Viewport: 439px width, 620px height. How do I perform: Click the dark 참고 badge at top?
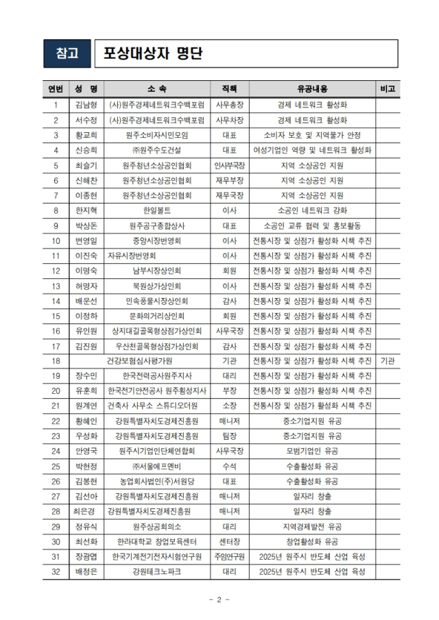[67, 53]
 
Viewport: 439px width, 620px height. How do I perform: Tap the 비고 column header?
[387, 89]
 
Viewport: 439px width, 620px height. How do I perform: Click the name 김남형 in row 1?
[86, 106]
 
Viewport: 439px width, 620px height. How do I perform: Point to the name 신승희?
[86, 150]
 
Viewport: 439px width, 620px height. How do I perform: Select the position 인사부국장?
[230, 165]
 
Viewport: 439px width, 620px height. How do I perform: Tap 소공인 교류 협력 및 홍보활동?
[312, 225]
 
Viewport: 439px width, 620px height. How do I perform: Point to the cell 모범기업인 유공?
[312, 451]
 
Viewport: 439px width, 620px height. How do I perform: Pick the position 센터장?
[230, 541]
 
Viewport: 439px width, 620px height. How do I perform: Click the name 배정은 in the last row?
[86, 571]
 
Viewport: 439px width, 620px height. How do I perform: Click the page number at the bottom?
[218, 600]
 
